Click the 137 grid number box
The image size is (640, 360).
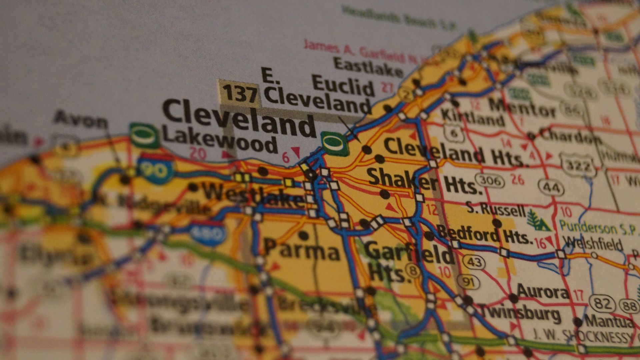tap(239, 93)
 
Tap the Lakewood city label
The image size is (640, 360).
tap(220, 141)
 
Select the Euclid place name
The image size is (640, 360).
tap(343, 86)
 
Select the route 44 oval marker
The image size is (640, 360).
tap(551, 188)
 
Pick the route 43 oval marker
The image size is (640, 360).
tap(474, 262)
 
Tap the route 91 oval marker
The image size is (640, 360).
tap(468, 282)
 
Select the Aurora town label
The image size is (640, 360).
tap(543, 292)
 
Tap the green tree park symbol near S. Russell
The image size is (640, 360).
tap(537, 221)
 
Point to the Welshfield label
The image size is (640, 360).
tap(592, 243)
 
